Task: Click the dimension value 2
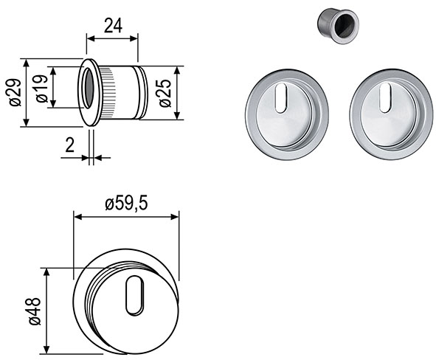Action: [69, 145]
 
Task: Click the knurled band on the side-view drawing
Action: [108, 92]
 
